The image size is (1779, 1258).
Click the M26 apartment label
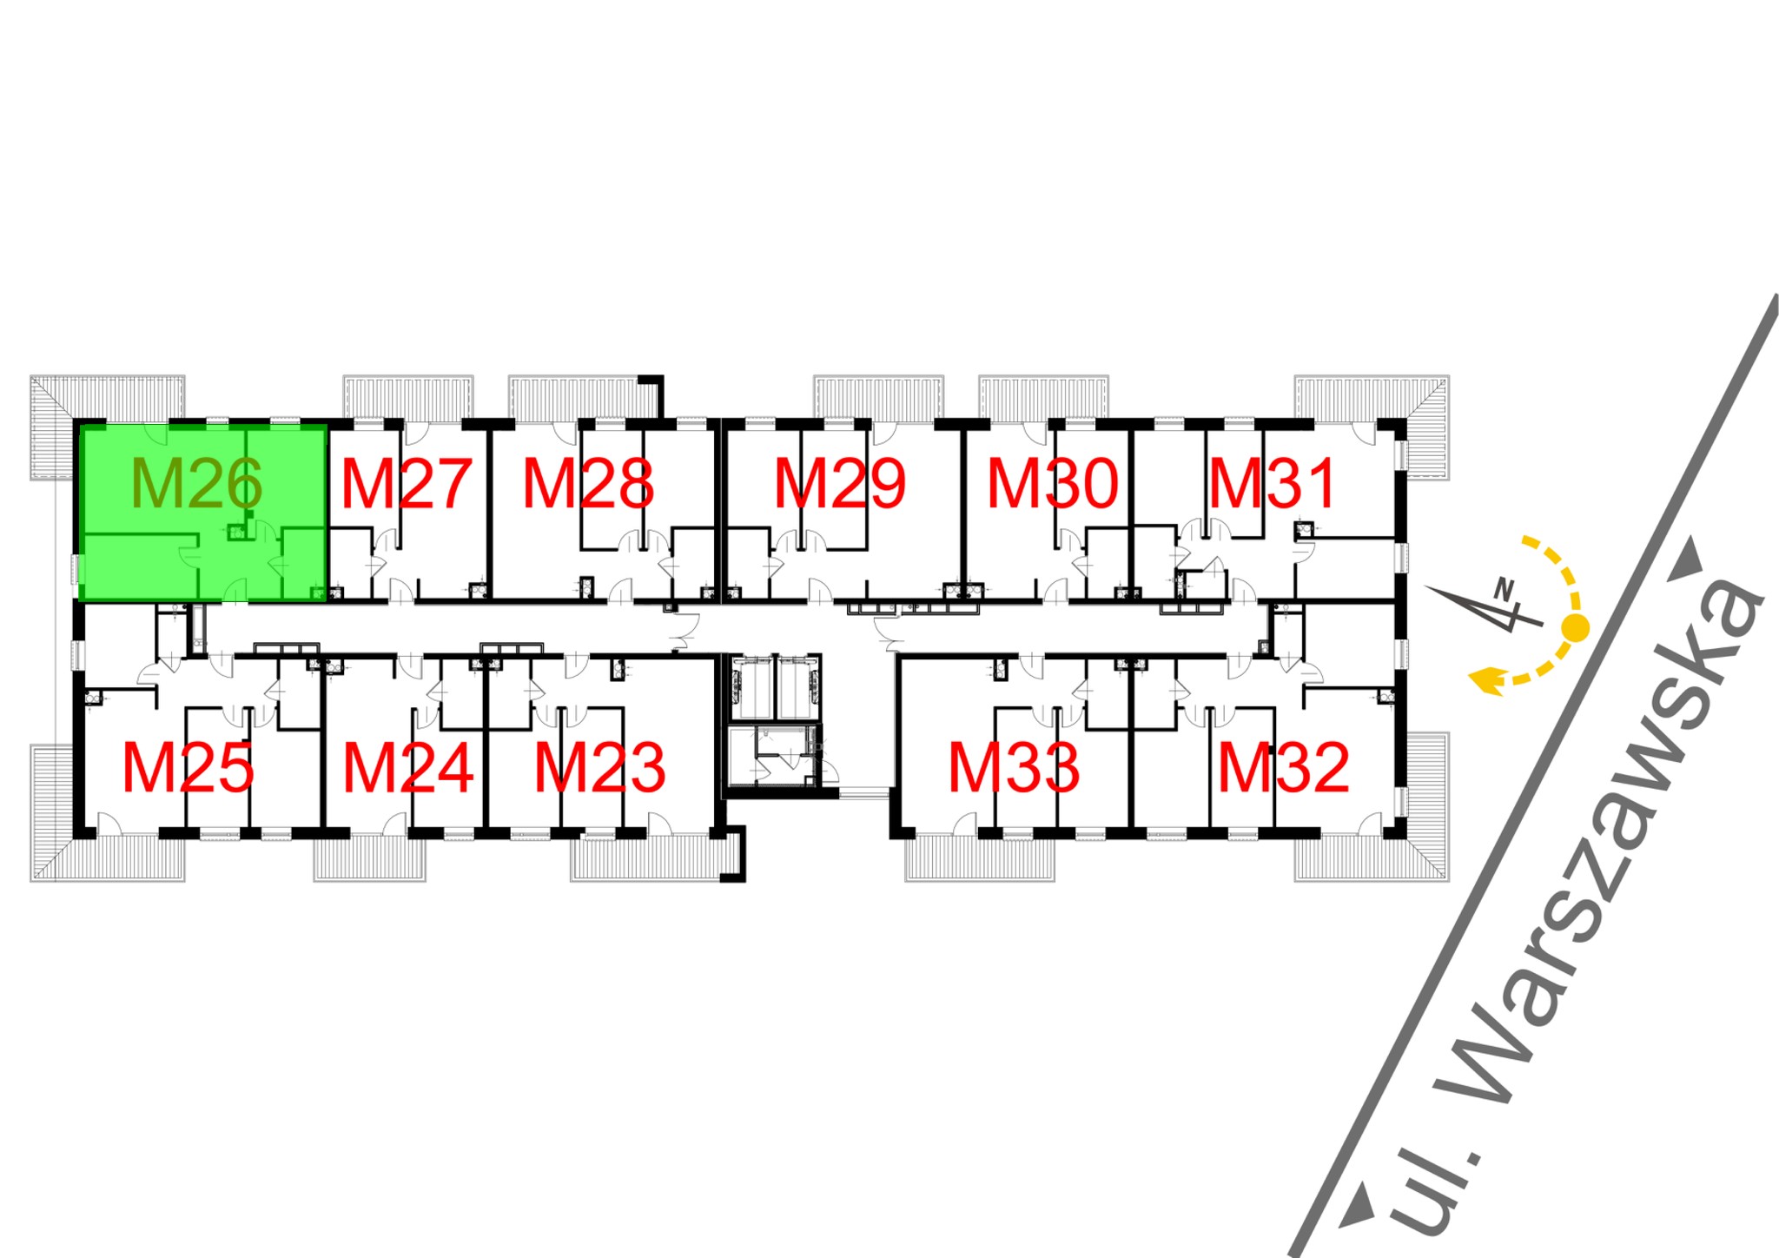tap(196, 484)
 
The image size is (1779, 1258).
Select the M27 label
tap(406, 484)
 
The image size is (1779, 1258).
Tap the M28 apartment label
tap(588, 484)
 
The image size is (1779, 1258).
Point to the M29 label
tap(839, 484)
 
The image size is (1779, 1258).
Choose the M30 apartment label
tap(1052, 484)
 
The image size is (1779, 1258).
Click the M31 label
tap(1273, 484)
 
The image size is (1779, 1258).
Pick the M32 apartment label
tap(1283, 768)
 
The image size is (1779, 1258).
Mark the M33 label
tap(1014, 768)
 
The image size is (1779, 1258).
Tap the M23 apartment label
tap(599, 768)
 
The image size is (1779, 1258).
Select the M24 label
tap(408, 768)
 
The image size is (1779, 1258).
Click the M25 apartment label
tap(188, 768)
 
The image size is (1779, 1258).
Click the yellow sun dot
tap(1575, 626)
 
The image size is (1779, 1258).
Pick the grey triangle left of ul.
tap(1358, 1208)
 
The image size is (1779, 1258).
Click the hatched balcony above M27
tap(408, 397)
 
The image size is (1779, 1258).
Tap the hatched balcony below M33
tap(980, 859)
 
